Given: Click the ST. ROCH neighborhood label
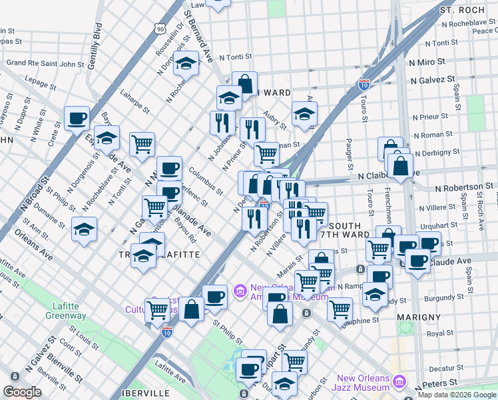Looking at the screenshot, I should click(x=468, y=11).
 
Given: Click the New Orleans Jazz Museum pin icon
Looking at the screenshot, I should click(x=399, y=382).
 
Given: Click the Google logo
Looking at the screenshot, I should click(x=22, y=392).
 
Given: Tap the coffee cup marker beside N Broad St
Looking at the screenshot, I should click(x=77, y=119).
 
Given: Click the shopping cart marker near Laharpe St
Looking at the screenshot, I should click(x=142, y=143).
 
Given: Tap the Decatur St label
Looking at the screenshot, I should click(x=440, y=367).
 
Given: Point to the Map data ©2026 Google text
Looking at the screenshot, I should click(x=457, y=395).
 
